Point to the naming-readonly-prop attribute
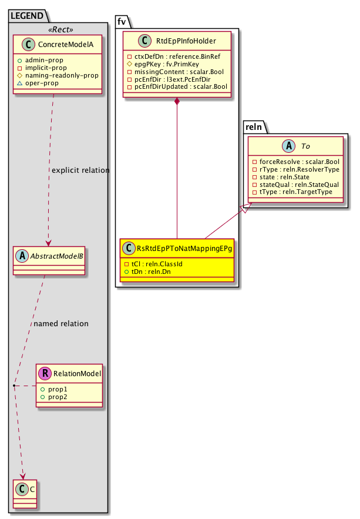pos(65,75)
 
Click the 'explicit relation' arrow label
pos(80,170)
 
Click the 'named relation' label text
pos(61,323)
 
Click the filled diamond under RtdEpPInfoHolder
pos(177,102)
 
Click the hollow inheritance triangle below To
pos(247,208)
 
